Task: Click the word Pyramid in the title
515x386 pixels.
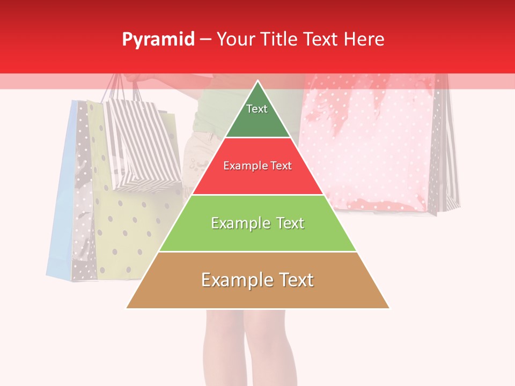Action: (158, 40)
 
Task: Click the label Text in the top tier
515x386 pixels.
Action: (257, 109)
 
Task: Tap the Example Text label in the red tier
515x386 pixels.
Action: (257, 166)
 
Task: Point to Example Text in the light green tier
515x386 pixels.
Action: (257, 223)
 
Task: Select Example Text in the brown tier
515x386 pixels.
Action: (257, 280)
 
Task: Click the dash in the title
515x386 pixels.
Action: (205, 40)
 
